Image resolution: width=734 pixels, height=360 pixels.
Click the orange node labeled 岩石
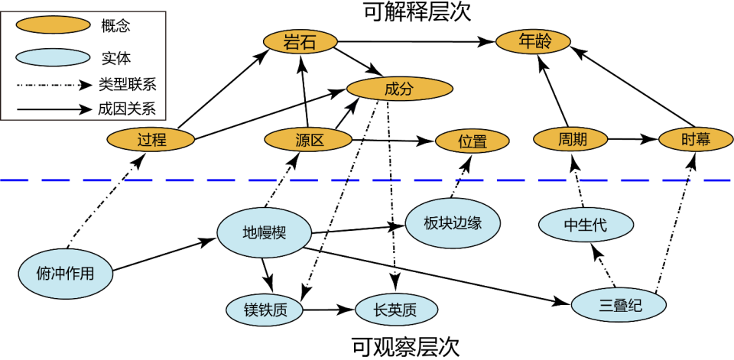click(x=300, y=42)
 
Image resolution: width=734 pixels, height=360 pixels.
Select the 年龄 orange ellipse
click(x=533, y=41)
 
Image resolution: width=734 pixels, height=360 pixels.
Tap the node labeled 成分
click(x=399, y=89)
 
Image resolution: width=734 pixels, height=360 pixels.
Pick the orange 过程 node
click(x=151, y=140)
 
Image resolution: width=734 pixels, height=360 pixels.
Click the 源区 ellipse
click(x=308, y=140)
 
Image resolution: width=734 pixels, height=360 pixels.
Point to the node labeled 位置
click(x=472, y=141)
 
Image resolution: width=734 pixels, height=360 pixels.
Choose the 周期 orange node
click(x=570, y=139)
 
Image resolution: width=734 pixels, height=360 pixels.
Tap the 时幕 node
click(x=696, y=139)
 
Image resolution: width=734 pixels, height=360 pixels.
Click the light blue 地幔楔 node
click(x=264, y=232)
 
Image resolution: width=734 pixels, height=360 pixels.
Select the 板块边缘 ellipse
click(x=453, y=223)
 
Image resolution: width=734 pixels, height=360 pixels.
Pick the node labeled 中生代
click(x=586, y=225)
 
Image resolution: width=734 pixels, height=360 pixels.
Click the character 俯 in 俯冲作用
click(x=44, y=273)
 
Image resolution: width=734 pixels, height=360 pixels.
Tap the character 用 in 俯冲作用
click(x=87, y=273)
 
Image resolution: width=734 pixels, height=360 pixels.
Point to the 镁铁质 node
click(x=265, y=310)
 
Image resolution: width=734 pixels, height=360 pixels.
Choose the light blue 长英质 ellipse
click(x=396, y=310)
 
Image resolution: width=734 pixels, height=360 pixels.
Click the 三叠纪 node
click(x=619, y=305)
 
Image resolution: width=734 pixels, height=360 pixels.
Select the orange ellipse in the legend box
click(x=53, y=25)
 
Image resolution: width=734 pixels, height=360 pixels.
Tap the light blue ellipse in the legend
click(x=53, y=57)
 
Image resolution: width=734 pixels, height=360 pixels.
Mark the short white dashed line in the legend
click(x=48, y=84)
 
